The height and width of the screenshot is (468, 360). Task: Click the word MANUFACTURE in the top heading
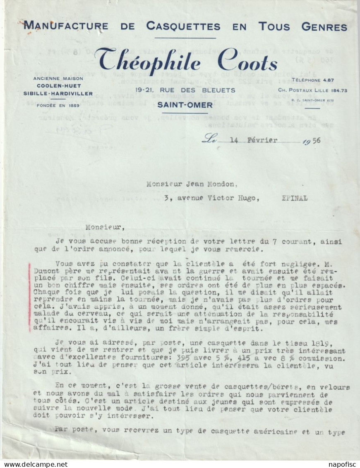pyautogui.click(x=66, y=26)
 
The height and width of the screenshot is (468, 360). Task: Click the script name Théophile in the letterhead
pyautogui.click(x=148, y=60)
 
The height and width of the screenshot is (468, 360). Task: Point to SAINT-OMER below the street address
pyautogui.click(x=185, y=105)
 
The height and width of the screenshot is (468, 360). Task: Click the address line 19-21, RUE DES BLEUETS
pyautogui.click(x=185, y=90)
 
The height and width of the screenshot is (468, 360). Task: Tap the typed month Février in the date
pyautogui.click(x=262, y=140)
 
